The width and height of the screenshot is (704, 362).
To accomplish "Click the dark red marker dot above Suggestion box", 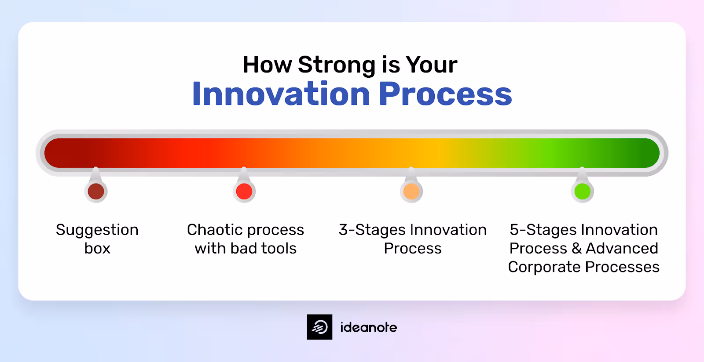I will point(96,192).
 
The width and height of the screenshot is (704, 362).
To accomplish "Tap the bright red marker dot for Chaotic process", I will point(244,192).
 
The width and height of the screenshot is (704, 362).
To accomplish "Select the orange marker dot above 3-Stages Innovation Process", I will point(411,192).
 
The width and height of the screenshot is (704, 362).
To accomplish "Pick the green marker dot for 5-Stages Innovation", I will point(583,192).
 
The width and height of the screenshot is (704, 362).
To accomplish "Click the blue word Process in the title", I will point(445,94).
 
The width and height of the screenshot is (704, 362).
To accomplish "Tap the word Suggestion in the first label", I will point(97,230).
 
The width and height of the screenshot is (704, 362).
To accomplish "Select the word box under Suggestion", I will point(97,249).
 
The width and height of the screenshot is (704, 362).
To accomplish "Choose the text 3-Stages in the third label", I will point(372,230).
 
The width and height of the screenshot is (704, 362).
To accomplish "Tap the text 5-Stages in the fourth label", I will point(543,230).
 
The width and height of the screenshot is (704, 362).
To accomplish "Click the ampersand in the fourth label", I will point(576,249).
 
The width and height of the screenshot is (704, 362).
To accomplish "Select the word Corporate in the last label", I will point(544,267).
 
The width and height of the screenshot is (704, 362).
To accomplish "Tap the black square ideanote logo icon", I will point(319,327).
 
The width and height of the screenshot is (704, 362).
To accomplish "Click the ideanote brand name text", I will point(368,327).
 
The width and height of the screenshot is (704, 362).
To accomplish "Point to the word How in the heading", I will point(267,65).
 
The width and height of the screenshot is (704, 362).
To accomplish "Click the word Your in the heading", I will point(431,65).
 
